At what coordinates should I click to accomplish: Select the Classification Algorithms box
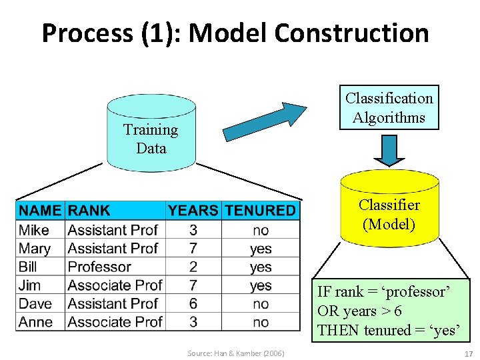389,107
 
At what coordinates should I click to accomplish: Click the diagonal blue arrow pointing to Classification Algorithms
263,121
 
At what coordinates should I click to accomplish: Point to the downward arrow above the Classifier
389,151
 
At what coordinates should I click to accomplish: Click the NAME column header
40,211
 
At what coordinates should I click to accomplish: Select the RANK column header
89,211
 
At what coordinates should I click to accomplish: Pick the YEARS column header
193,211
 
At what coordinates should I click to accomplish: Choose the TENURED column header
260,211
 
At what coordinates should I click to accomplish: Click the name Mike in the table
34,230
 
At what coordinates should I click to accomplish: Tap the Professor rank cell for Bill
99,267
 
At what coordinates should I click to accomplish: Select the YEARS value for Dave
193,303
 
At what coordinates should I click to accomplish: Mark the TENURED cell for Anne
261,322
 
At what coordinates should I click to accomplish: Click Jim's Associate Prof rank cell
115,285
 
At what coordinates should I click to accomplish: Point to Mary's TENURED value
261,249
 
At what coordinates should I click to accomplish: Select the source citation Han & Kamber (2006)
235,353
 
